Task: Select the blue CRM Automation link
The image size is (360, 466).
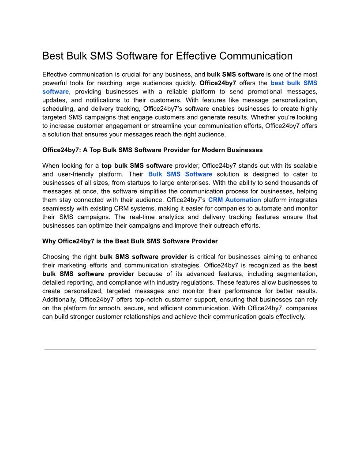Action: (x=234, y=200)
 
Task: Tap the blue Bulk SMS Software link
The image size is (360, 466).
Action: (x=180, y=174)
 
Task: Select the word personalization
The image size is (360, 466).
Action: (x=293, y=100)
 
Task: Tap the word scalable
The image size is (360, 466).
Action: (x=302, y=166)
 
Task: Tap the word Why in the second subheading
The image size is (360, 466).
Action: (x=49, y=241)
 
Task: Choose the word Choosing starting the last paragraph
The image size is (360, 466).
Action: (x=57, y=257)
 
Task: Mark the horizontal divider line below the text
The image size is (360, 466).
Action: (x=180, y=349)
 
